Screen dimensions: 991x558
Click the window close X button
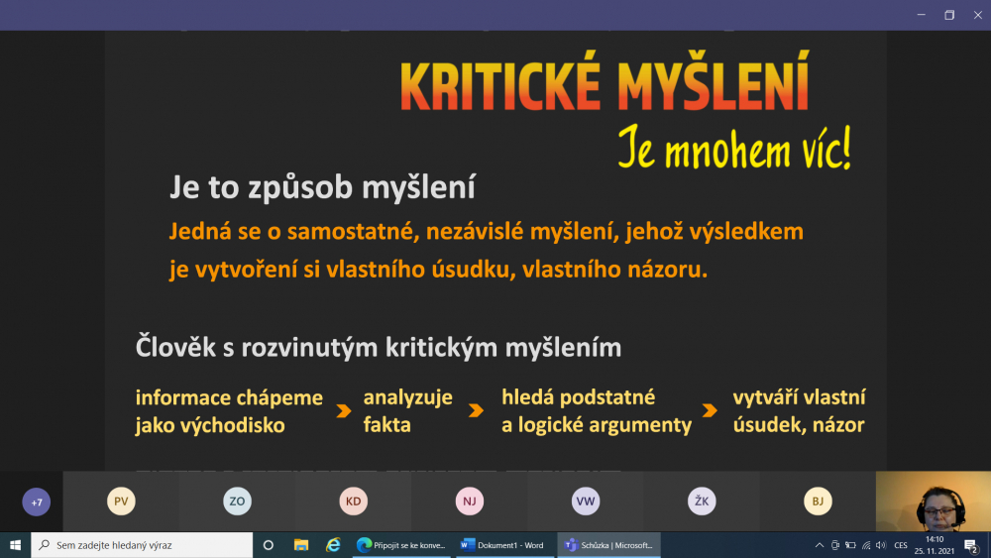point(977,15)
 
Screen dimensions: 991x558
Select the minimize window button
point(922,15)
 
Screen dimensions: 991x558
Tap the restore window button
point(949,15)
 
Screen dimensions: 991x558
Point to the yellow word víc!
point(820,149)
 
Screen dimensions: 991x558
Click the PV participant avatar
point(121,502)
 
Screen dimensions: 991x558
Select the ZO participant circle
point(237,502)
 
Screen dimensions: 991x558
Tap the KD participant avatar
point(354,502)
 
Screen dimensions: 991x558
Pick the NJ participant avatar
point(470,502)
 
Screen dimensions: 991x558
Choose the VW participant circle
point(586,502)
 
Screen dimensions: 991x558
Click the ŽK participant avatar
point(702,502)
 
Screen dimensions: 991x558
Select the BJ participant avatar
point(818,502)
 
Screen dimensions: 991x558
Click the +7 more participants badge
point(36,502)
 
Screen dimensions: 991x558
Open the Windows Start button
point(15,545)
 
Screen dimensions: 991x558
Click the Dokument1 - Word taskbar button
point(503,545)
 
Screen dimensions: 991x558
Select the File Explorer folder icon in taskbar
point(301,545)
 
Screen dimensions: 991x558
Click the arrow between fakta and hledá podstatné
point(477,410)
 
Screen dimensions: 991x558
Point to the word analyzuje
point(407,398)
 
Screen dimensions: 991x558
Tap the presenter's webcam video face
point(938,507)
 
